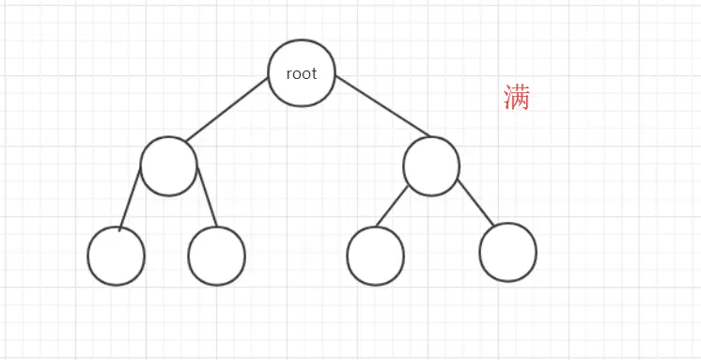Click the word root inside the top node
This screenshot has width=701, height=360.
click(x=302, y=73)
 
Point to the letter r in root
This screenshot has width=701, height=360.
click(x=289, y=74)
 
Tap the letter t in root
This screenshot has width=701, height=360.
click(x=314, y=73)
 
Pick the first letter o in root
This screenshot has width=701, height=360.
click(x=297, y=74)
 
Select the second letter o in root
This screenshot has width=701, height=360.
click(x=306, y=74)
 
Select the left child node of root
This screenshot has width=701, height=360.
click(x=169, y=166)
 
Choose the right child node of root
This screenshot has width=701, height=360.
click(x=431, y=166)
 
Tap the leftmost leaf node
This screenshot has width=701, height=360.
click(x=117, y=256)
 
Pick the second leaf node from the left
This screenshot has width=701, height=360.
click(x=216, y=256)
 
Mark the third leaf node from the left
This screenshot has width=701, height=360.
click(x=375, y=256)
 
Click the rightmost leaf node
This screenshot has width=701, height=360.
click(x=507, y=252)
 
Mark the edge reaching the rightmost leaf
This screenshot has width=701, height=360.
click(x=475, y=203)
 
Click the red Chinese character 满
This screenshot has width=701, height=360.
click(x=516, y=98)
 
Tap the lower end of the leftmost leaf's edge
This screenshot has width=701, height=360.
click(x=120, y=228)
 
